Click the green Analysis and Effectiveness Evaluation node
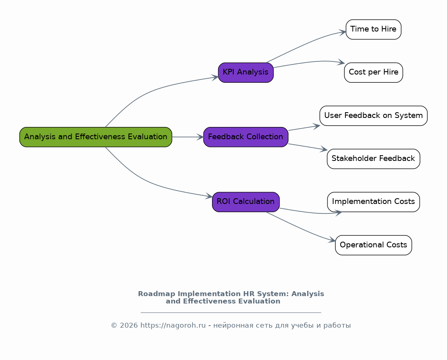(96, 137)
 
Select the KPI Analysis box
(246, 72)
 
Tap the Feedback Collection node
(246, 137)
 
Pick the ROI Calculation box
(246, 202)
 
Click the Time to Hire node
(373, 29)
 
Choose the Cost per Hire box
(373, 72)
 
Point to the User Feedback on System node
(373, 115)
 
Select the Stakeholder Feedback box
(373, 158)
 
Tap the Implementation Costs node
(373, 202)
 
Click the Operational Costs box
(373, 245)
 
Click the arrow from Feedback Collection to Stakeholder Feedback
(307, 147)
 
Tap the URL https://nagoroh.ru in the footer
(173, 325)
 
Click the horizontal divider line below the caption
(231, 312)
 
